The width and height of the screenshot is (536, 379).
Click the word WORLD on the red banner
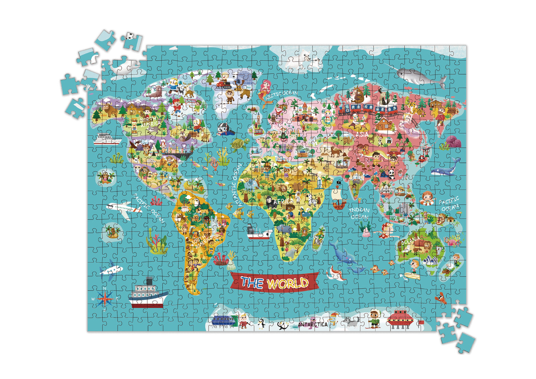click(x=288, y=284)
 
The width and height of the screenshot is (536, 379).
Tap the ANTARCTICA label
click(x=313, y=324)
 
